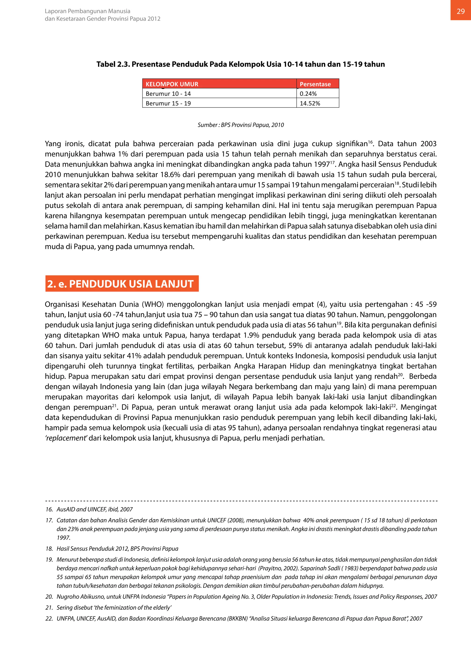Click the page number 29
(461, 11)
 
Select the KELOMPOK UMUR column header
(172, 84)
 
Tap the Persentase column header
(315, 84)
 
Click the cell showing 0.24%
(308, 94)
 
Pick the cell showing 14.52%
(310, 103)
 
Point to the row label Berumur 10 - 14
(168, 94)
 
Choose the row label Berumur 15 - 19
(168, 103)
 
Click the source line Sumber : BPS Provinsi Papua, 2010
(241, 125)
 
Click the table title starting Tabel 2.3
(241, 64)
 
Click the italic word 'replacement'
(66, 438)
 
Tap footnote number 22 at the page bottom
(49, 618)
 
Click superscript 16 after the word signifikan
(370, 142)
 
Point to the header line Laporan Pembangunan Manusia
(88, 11)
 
